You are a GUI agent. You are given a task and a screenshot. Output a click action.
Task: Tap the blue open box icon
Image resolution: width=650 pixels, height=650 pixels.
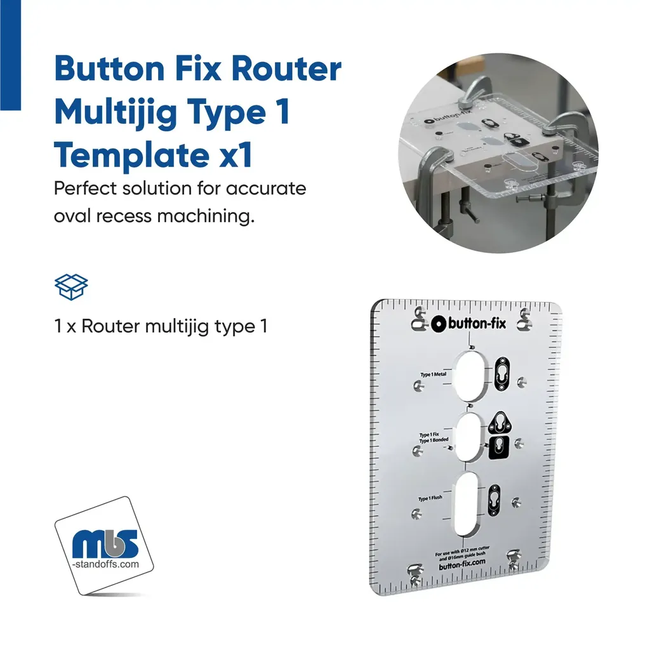point(71,287)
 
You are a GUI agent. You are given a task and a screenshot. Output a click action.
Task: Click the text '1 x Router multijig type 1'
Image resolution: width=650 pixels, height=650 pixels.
point(161,326)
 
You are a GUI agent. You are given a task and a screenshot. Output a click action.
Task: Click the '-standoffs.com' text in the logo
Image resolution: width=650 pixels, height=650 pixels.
point(105,563)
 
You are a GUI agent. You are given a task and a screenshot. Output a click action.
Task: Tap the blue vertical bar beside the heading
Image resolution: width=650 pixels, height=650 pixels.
point(10,55)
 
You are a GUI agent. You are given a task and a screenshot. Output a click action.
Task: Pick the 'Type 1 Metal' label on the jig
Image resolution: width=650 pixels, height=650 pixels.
point(434,375)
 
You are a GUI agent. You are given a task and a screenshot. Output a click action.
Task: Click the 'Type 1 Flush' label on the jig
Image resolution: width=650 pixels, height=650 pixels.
point(430,498)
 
